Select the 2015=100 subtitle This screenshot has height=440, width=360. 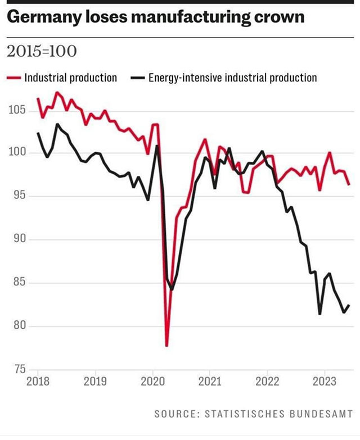(x=41, y=52)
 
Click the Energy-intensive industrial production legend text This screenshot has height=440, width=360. (x=232, y=78)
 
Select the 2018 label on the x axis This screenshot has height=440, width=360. (x=38, y=382)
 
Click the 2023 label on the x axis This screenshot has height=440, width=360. (x=325, y=382)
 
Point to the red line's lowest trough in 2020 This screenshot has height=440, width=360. (x=167, y=346)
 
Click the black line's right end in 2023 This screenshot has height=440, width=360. (x=349, y=305)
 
